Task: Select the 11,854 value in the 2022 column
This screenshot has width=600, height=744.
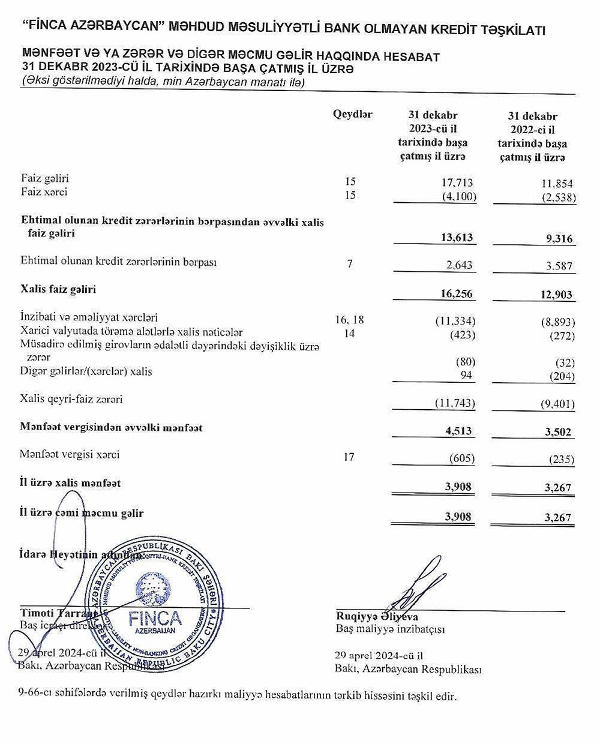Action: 557,184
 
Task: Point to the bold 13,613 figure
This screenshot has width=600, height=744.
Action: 457,237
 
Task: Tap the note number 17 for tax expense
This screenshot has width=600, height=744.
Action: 349,457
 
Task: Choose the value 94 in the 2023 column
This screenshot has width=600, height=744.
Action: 466,375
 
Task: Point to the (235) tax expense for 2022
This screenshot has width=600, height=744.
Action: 562,460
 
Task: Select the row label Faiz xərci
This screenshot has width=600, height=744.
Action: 44,192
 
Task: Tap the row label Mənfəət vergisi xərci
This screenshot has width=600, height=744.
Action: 70,454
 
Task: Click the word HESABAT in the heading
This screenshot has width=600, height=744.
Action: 411,57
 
